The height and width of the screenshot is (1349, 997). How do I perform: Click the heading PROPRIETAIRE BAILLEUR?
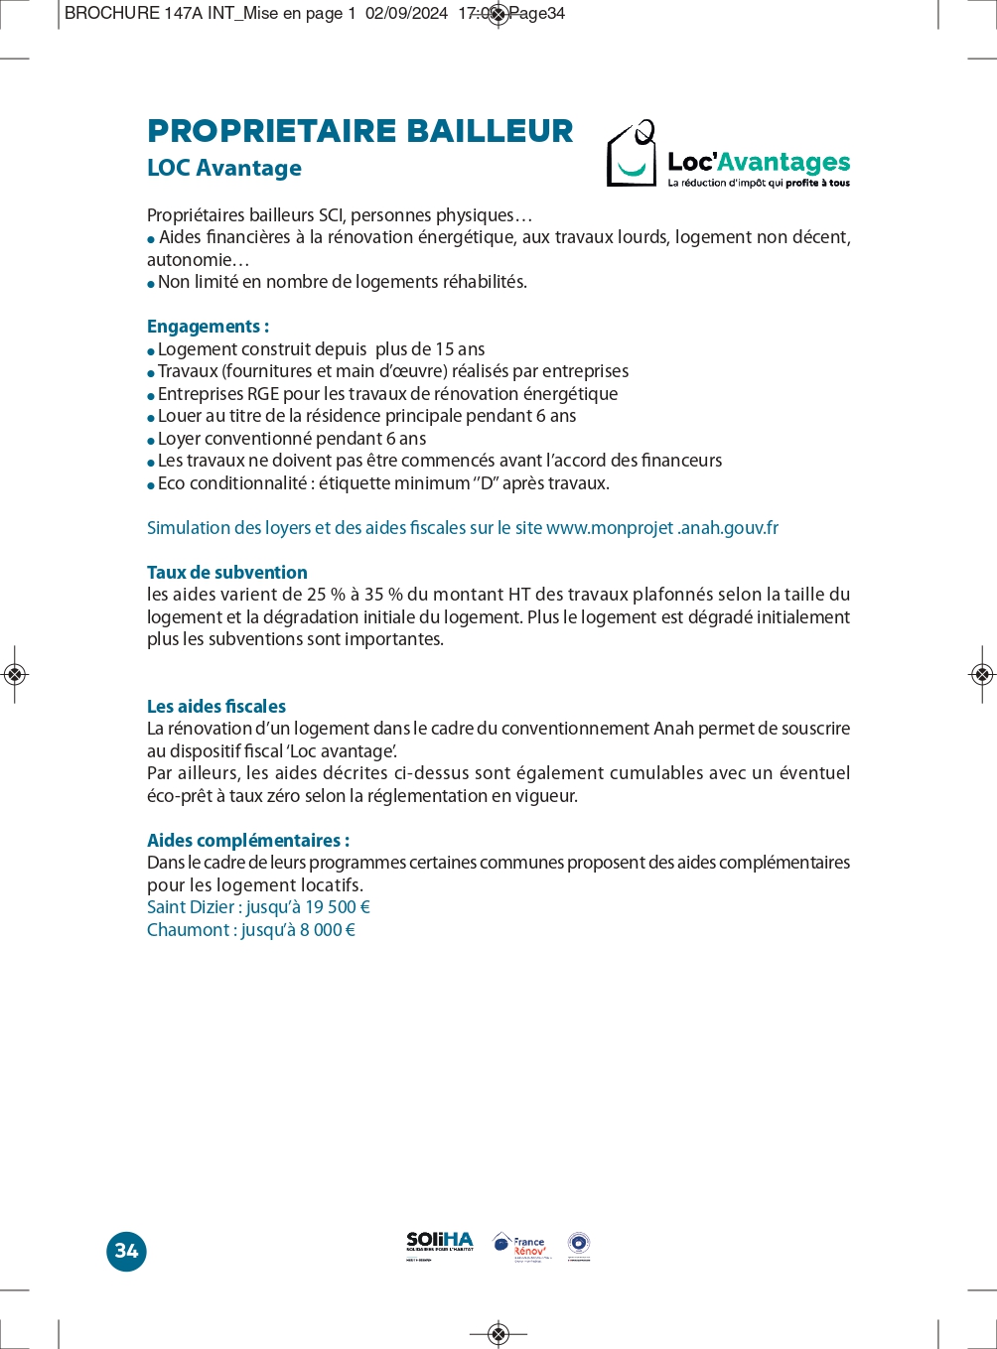pos(359,131)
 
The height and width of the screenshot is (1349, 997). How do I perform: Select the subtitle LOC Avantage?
pos(223,168)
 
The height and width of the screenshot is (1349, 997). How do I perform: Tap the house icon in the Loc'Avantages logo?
pos(632,154)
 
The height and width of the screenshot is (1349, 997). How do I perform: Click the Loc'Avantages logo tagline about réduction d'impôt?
pos(759,184)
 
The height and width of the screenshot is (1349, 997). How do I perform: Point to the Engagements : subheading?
pos(208,327)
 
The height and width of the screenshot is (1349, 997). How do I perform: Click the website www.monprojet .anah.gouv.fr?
pos(661,528)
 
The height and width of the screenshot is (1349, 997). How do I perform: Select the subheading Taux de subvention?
pos(226,573)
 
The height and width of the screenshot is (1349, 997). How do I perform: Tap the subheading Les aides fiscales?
pos(215,707)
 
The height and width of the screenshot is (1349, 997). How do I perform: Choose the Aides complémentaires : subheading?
pos(247,841)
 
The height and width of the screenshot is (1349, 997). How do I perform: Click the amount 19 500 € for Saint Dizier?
pos(338,907)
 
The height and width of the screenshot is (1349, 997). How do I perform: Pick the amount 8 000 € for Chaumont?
pos(328,930)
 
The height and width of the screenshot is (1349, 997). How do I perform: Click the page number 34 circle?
pos(126,1251)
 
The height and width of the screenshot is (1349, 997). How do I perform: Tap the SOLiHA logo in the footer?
pos(440,1245)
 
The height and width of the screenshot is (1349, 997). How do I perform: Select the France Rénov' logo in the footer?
pos(520,1246)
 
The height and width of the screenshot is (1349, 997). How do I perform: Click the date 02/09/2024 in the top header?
pos(406,14)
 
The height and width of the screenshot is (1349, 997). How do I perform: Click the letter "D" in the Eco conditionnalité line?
pos(487,483)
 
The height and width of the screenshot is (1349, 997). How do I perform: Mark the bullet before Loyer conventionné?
pos(151,440)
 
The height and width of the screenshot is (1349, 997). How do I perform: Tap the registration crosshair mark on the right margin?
pos(981,675)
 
